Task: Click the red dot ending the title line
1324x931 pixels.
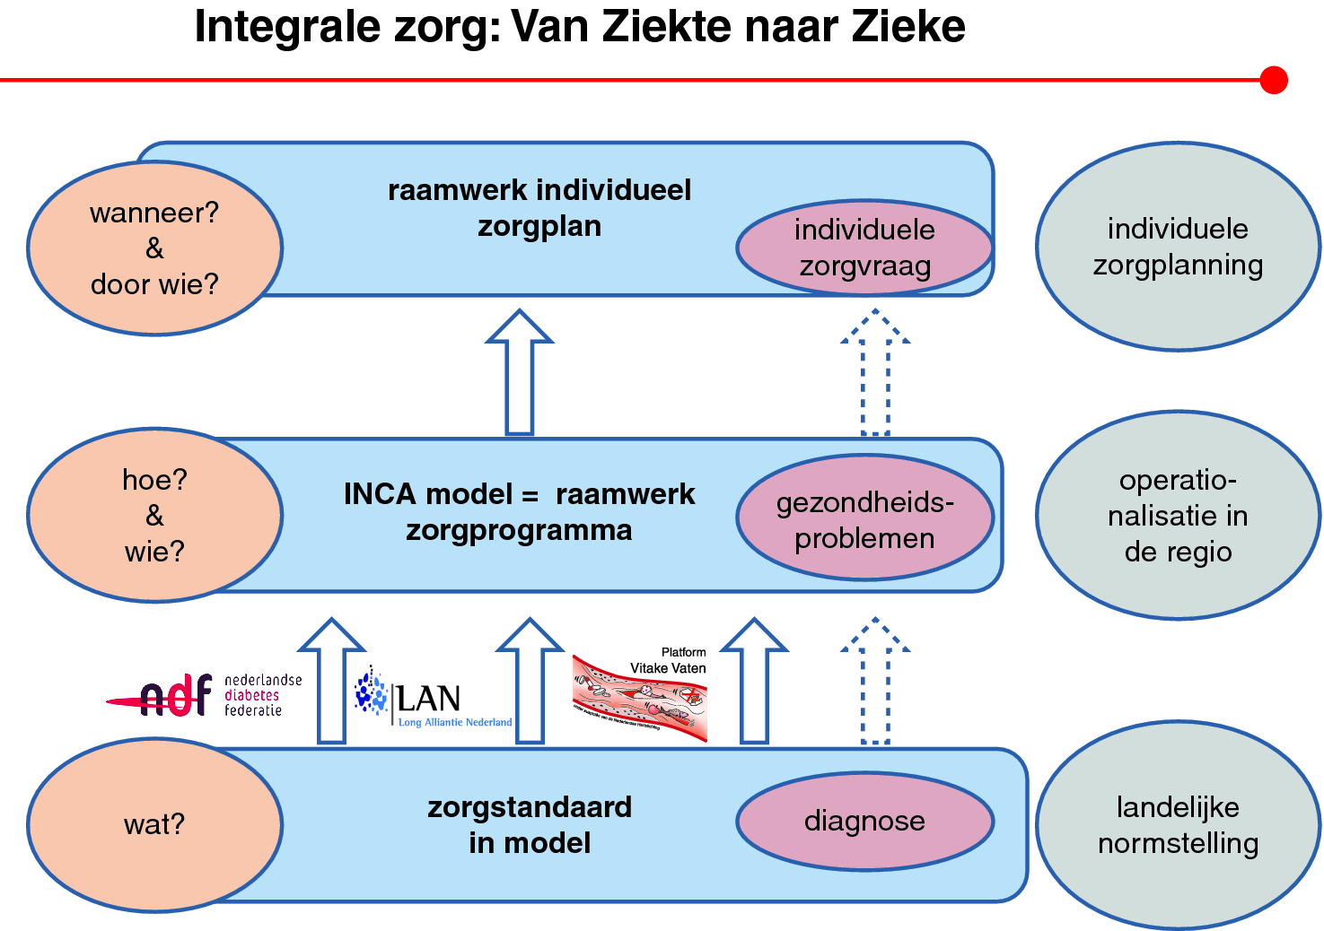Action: point(1273,80)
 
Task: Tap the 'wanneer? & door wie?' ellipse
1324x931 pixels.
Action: point(154,248)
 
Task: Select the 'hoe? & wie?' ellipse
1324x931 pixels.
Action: point(154,515)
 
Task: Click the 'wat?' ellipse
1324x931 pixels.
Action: point(154,824)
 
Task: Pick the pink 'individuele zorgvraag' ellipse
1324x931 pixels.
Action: point(864,248)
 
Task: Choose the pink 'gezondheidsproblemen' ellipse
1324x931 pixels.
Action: point(864,518)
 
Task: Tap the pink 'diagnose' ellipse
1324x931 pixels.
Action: point(864,821)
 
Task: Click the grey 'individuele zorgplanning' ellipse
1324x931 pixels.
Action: point(1178,247)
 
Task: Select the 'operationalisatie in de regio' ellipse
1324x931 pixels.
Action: point(1178,515)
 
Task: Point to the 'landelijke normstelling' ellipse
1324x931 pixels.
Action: point(1178,825)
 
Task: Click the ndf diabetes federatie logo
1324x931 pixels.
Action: point(205,695)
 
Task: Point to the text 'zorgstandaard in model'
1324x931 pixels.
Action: point(530,825)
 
